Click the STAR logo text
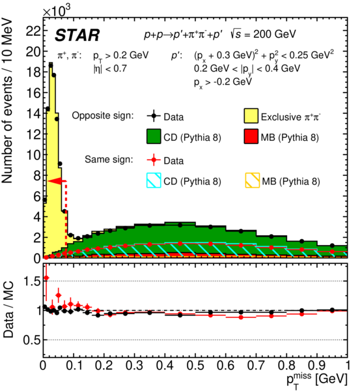pyautogui.click(x=77, y=35)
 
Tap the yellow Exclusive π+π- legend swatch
pyautogui.click(x=251, y=116)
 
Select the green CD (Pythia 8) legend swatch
pyautogui.click(x=154, y=136)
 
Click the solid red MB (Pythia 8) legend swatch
pyautogui.click(x=251, y=136)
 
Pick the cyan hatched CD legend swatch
pyautogui.click(x=154, y=181)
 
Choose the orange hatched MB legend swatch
pyautogui.click(x=253, y=181)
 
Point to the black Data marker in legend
pyautogui.click(x=154, y=116)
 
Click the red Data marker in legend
pyautogui.click(x=154, y=160)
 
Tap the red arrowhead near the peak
pyautogui.click(x=55, y=181)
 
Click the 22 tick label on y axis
pyautogui.click(x=33, y=31)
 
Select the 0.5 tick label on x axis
pyautogui.click(x=195, y=366)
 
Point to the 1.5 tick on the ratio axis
pyautogui.click(x=32, y=282)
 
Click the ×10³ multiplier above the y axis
pyautogui.click(x=57, y=10)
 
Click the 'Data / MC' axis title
pyautogui.click(x=8, y=309)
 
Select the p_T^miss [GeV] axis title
pyautogui.click(x=317, y=380)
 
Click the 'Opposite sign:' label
pyautogui.click(x=103, y=115)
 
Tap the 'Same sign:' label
pyautogui.click(x=109, y=160)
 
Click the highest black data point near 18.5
pyautogui.click(x=51, y=66)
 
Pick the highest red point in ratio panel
pyautogui.click(x=46, y=278)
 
